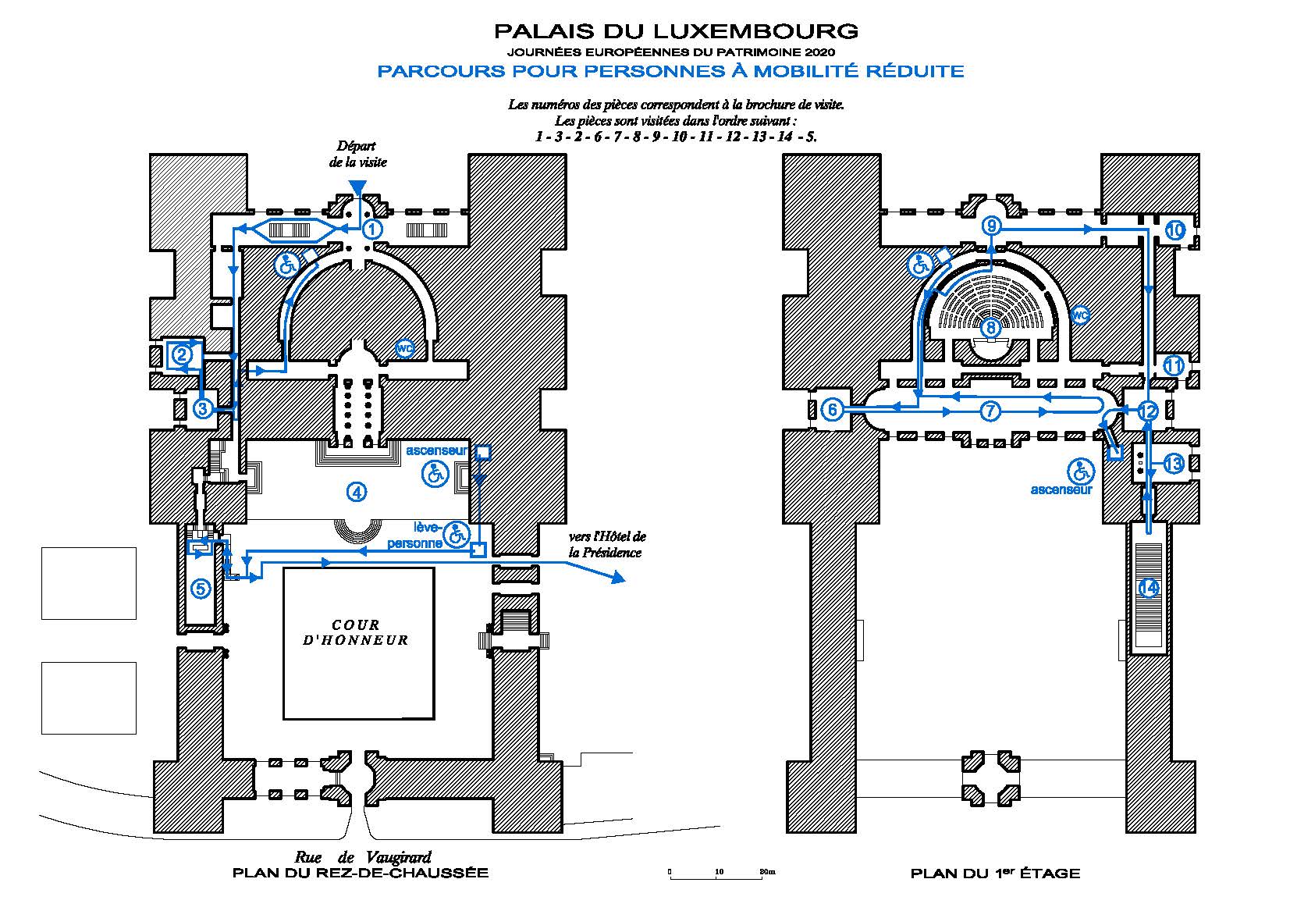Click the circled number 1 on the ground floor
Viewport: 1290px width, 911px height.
[x=372, y=229]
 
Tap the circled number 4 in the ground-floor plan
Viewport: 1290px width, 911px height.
[x=356, y=492]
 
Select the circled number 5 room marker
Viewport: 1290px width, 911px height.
[x=201, y=588]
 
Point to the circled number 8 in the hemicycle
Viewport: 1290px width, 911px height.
[x=989, y=327]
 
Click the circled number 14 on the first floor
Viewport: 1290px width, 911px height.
[x=1149, y=588]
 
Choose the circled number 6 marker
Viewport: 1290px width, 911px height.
[x=833, y=409]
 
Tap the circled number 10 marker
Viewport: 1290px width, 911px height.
[x=1175, y=230]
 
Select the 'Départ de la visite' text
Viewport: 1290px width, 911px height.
[x=357, y=154]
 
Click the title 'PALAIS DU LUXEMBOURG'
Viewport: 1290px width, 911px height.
[x=676, y=32]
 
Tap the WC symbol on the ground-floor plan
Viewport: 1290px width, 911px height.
[x=404, y=349]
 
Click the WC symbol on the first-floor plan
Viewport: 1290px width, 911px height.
[x=1080, y=315]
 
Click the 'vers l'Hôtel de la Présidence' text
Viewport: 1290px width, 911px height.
[x=607, y=545]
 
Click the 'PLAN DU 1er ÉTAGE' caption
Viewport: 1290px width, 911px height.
[x=995, y=874]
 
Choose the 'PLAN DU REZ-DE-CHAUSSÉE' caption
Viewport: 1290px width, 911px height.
[x=361, y=873]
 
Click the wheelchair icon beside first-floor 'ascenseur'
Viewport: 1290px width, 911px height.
[x=1082, y=471]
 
